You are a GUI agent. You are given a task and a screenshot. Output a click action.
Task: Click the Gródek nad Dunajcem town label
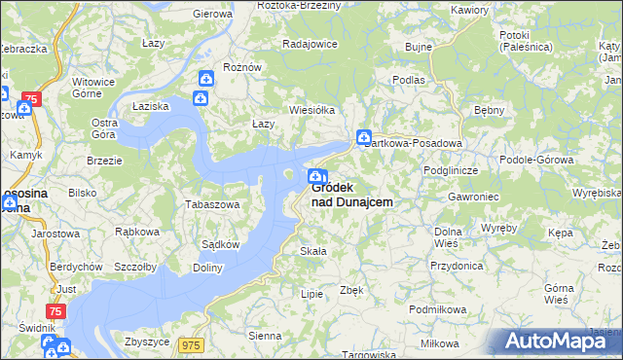352,195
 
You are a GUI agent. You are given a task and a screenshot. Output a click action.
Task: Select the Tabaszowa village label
212,205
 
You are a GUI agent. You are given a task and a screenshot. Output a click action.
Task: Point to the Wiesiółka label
311,110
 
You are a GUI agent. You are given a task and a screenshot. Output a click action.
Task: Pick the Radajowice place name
310,44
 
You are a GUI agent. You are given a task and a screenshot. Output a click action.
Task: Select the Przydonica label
457,265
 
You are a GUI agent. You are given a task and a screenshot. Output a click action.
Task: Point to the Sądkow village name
220,244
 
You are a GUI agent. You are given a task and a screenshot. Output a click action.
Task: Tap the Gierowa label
212,14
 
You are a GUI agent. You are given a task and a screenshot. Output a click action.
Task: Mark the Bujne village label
418,46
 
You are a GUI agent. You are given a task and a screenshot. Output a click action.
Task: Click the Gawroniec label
447,196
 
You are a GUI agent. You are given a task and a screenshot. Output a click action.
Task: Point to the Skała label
311,251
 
